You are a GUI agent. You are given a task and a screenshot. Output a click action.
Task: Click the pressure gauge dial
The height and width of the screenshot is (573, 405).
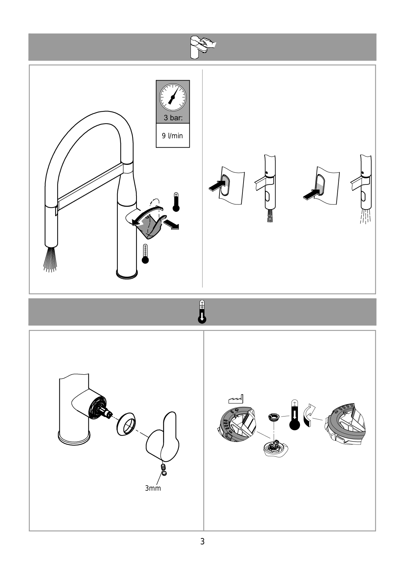point(173,97)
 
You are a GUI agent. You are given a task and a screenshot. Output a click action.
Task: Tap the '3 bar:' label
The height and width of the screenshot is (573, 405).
point(173,118)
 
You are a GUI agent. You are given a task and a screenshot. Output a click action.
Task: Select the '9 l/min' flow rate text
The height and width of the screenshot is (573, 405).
point(173,136)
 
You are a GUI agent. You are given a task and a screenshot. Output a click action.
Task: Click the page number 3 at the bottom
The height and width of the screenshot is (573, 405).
point(202,541)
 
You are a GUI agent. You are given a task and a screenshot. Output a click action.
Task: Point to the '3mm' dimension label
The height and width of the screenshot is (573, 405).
point(153,488)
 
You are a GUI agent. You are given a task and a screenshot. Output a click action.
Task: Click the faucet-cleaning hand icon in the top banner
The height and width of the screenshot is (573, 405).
point(203,47)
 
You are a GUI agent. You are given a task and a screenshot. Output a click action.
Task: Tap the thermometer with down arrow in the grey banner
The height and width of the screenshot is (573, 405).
point(202,312)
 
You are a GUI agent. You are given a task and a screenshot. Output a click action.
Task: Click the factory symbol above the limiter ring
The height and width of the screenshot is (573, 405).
point(236,399)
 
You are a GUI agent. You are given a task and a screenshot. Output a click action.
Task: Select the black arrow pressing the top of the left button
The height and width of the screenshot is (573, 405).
point(217,186)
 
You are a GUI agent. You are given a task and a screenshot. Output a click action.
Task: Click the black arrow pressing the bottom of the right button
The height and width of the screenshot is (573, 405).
point(312,194)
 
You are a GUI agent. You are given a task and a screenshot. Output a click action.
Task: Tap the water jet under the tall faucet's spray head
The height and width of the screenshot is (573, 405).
point(50,259)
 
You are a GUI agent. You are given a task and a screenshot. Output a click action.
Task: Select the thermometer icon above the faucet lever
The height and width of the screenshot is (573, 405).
point(176,202)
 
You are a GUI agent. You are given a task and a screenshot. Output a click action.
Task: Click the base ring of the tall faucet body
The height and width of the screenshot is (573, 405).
point(127,274)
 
